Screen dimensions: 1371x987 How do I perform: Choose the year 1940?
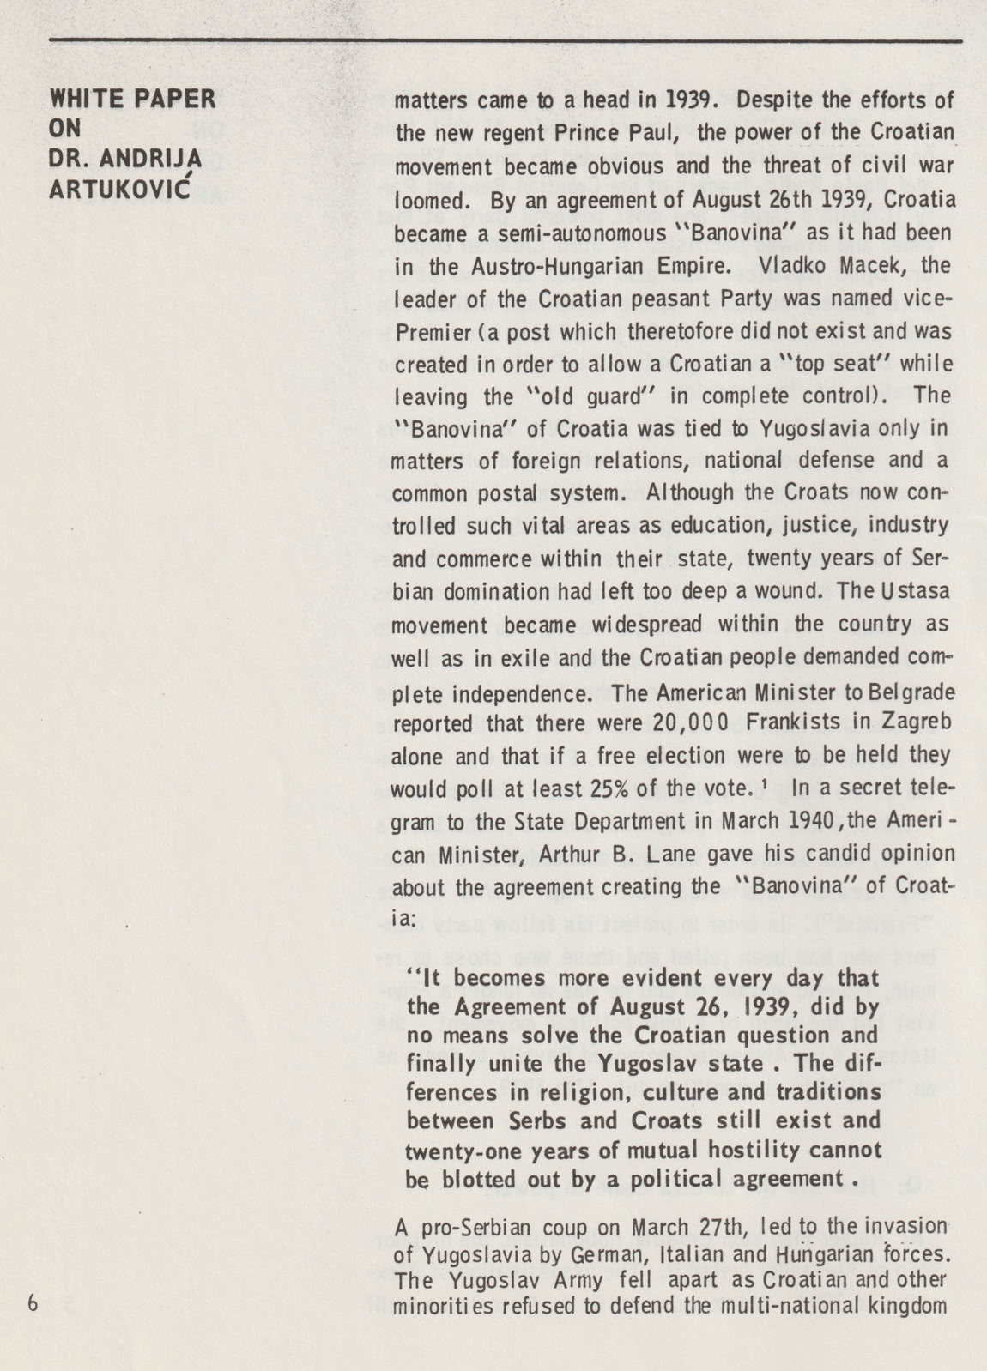pyautogui.click(x=801, y=821)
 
